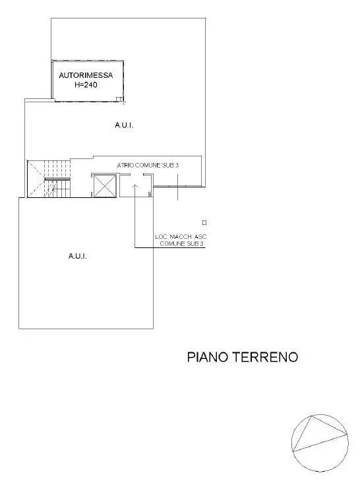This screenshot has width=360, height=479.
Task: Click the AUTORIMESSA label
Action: click(86, 75)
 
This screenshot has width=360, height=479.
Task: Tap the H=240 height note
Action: click(86, 84)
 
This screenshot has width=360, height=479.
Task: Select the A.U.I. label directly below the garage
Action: click(124, 125)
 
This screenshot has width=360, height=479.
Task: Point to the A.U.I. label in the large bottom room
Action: click(78, 256)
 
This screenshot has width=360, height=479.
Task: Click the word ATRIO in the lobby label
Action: click(125, 165)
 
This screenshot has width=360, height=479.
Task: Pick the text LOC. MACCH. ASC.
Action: click(181, 237)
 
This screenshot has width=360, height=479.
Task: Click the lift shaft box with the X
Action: click(105, 186)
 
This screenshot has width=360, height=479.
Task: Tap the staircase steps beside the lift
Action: click(57, 179)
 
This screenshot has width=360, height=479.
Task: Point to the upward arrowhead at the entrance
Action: click(135, 185)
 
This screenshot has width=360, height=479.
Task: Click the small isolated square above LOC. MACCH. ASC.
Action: click(204, 223)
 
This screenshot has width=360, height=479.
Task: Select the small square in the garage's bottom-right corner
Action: click(119, 99)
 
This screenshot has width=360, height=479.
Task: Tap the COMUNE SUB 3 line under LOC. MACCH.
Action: click(182, 243)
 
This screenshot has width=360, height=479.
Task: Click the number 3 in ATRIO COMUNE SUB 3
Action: click(177, 165)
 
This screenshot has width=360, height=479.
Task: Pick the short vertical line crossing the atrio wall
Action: click(178, 187)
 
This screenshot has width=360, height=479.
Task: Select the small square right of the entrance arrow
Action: click(150, 195)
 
